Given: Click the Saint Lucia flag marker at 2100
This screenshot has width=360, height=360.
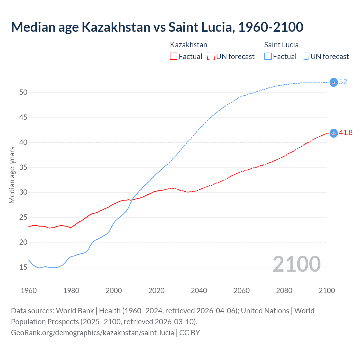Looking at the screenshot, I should tap(333, 82).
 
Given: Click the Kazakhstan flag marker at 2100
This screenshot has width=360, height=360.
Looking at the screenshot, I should tap(333, 133).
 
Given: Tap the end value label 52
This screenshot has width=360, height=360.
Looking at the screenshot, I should tap(343, 82).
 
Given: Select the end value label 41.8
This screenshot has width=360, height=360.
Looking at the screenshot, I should tap(346, 133).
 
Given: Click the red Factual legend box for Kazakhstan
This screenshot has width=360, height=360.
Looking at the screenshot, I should tap(174, 57).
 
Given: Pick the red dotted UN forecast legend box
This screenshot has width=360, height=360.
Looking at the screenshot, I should tap(211, 57).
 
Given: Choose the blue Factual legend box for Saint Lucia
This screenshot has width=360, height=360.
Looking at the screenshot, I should tap(268, 57).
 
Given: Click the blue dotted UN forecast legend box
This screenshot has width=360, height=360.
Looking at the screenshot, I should tap(305, 57).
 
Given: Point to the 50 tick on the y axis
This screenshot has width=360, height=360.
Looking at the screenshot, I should tap(23, 92).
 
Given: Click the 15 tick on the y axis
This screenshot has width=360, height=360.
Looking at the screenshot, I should tap(23, 267).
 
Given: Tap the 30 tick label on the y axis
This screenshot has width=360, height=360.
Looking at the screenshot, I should tap(23, 192).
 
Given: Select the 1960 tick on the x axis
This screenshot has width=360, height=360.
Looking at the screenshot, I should tap(29, 291).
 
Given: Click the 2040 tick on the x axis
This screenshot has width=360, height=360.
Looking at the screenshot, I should tap(199, 291).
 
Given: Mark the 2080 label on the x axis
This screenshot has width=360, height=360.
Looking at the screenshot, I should tap(284, 291).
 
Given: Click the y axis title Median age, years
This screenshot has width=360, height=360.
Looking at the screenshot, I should tap(12, 175).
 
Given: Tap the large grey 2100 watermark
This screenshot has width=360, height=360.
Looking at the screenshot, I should tap(296, 264).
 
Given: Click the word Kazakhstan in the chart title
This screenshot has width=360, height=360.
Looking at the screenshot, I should tap(116, 27).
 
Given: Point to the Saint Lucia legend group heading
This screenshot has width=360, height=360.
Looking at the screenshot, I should tap(281, 45).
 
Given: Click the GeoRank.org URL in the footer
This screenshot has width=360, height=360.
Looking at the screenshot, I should tap(93, 333).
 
